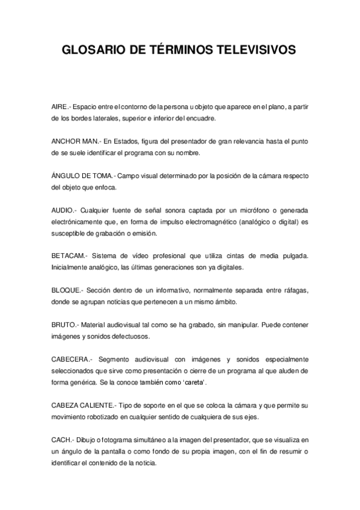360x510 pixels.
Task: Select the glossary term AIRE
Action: [x=61, y=106]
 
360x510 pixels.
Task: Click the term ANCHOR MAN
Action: [x=74, y=141]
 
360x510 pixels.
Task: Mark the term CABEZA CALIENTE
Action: [x=84, y=405]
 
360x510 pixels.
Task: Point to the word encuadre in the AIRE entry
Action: [x=200, y=118]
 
